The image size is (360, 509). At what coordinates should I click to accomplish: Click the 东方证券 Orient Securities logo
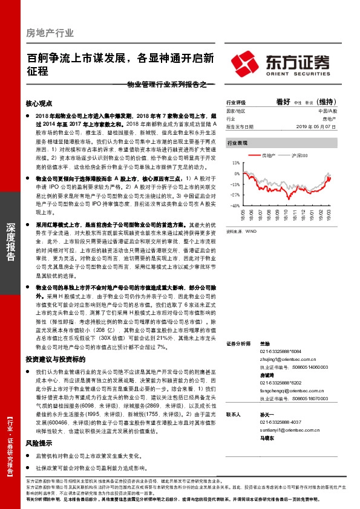point(280,62)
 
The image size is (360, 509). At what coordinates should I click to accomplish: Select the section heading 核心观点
point(39,103)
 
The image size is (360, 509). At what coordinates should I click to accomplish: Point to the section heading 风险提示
point(39,443)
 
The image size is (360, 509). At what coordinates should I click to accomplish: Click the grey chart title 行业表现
point(237,143)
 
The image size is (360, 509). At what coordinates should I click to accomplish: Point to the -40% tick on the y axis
point(235,205)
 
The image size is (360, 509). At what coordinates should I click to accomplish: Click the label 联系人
point(234,415)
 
